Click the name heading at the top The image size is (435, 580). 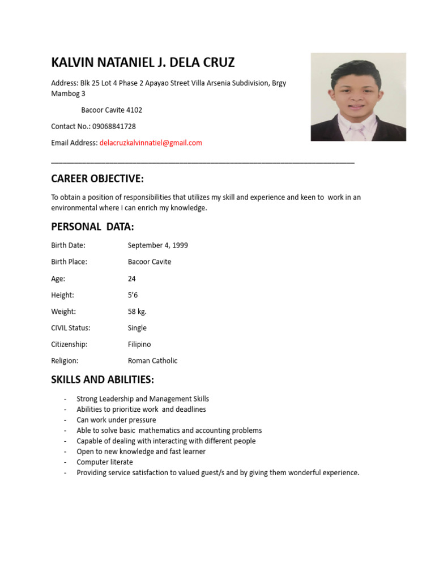point(143,62)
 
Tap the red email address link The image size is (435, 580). point(151,143)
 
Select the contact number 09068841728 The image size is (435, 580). point(114,126)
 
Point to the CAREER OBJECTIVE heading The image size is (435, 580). point(97,179)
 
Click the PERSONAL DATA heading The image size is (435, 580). point(92,227)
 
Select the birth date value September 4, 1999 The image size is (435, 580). point(157,245)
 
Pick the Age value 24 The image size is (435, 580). point(132,279)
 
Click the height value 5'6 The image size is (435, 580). point(133,295)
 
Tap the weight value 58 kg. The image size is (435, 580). point(137,312)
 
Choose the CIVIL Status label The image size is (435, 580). point(71,328)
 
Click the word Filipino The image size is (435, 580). point(139,344)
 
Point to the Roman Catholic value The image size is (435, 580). point(152,361)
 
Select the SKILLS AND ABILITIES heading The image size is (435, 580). point(103,379)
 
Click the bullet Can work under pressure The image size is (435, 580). point(116,420)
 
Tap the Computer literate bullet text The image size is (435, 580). point(105,462)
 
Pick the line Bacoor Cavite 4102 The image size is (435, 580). point(112,110)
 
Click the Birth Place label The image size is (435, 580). point(69,262)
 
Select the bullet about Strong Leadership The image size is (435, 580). point(143,399)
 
